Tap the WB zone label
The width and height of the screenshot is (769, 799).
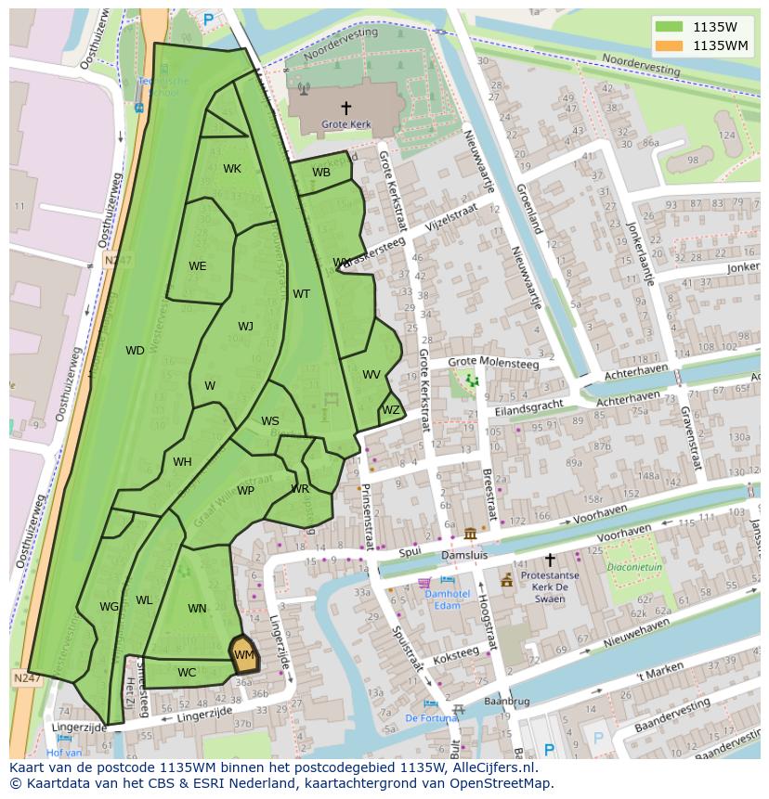[321, 173]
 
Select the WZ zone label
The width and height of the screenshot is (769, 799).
[391, 410]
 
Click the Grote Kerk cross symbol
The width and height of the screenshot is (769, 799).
[346, 108]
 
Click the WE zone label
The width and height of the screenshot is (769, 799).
[197, 266]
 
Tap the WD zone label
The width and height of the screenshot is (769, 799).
[135, 351]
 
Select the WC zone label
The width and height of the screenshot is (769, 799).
[187, 673]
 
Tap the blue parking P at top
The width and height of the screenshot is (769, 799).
[208, 19]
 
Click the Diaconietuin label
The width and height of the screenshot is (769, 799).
[634, 566]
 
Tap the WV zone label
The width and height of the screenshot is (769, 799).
[371, 375]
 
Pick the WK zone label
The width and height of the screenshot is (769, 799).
[232, 169]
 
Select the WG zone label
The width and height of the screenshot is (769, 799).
[110, 607]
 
